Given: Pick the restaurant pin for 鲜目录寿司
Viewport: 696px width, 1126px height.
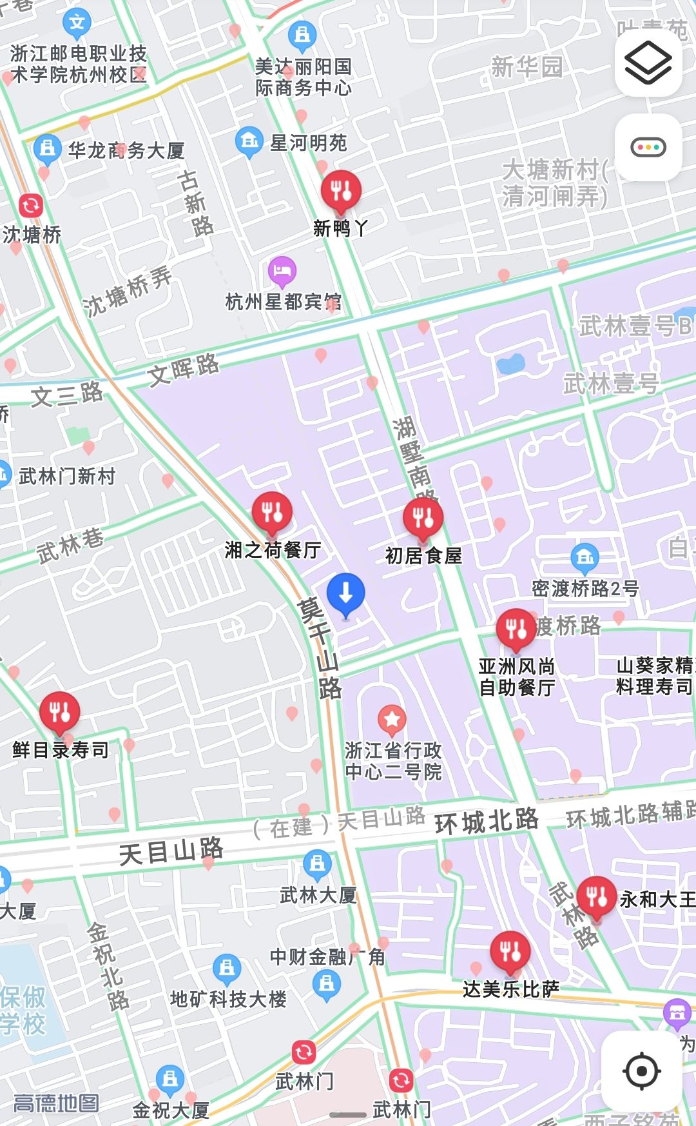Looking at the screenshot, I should click(x=59, y=713).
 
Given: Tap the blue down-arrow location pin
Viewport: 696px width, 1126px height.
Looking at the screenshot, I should click(x=345, y=593).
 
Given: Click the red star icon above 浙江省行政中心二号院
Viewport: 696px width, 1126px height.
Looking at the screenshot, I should click(x=392, y=719).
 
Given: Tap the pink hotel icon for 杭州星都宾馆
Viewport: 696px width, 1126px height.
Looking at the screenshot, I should click(x=282, y=271).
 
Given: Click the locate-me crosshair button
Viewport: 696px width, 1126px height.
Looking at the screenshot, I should click(x=642, y=1071).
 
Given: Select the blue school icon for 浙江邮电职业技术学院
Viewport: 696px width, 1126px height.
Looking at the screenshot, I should click(x=77, y=23).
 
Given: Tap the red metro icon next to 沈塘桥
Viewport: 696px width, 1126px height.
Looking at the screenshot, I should click(x=30, y=206).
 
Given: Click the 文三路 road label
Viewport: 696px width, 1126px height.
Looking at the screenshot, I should click(x=66, y=393).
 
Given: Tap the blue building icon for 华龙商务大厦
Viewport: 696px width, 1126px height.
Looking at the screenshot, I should click(x=47, y=148).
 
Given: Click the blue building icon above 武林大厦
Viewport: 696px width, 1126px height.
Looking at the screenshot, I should click(x=317, y=864).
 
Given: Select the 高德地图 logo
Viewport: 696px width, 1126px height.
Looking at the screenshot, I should click(x=56, y=1103).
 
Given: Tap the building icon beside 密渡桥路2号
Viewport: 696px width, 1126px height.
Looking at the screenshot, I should click(x=585, y=557).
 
